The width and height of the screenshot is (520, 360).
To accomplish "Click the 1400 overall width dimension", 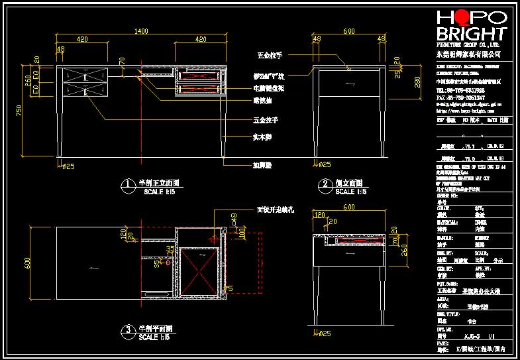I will [x=141, y=31].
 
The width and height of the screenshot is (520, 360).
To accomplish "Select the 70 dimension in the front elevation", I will [x=122, y=62].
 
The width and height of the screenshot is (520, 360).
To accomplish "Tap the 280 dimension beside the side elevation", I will [x=417, y=82].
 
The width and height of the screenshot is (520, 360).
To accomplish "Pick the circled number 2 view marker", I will [x=325, y=184].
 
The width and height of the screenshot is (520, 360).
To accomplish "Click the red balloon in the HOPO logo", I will [x=458, y=18].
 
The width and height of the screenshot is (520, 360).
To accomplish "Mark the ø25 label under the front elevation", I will [x=68, y=165].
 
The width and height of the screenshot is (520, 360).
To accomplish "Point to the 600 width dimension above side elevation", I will [x=348, y=31].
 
